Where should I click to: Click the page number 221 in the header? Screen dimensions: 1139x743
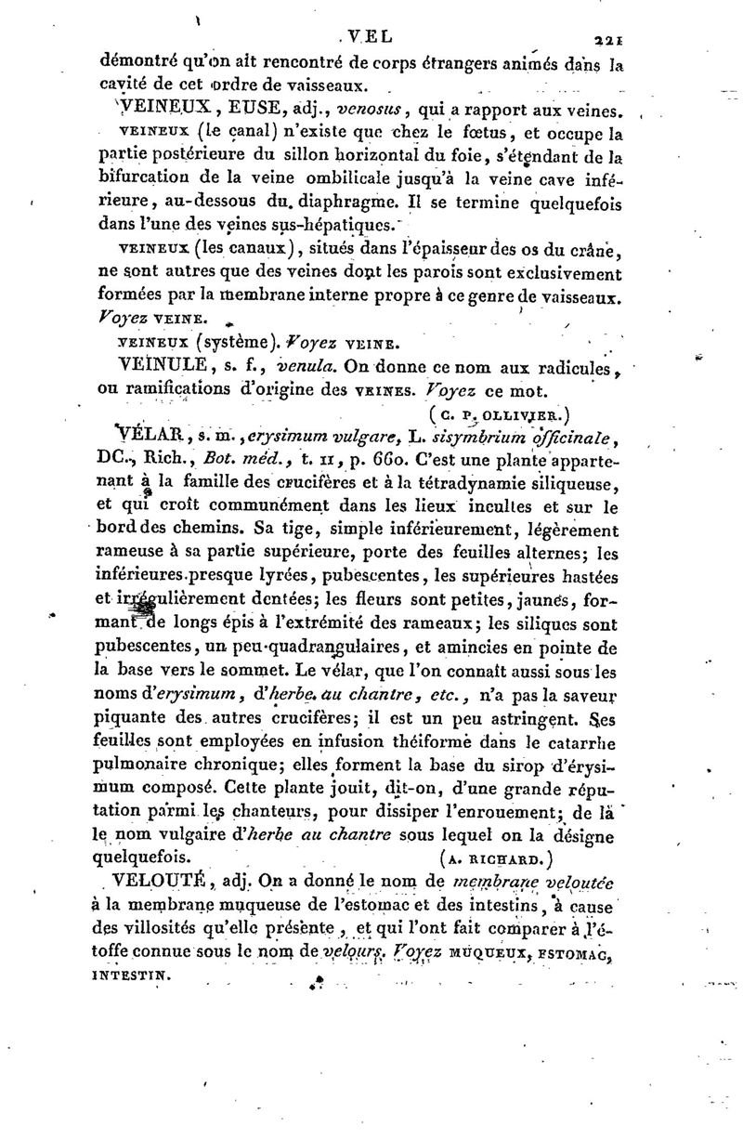pyautogui.click(x=607, y=40)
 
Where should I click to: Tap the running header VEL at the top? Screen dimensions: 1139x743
pyautogui.click(x=368, y=38)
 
